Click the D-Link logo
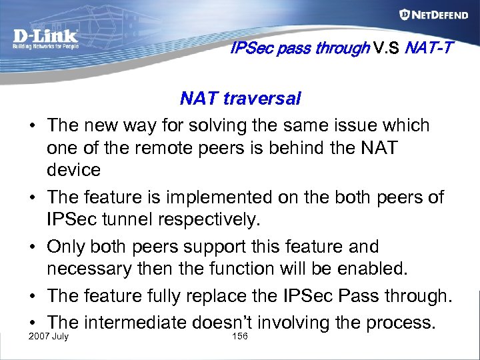coord(45,39)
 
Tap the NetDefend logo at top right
coord(433,15)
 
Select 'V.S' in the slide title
coord(387,48)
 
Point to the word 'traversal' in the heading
coord(262,99)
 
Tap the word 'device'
coord(73,170)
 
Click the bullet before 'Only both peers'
coord(32,247)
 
